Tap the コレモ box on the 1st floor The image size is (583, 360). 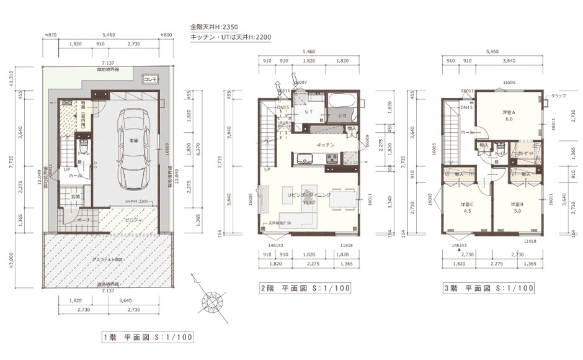click(151, 79)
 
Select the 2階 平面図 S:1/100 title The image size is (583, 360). click(305, 288)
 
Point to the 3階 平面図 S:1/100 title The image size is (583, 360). click(488, 288)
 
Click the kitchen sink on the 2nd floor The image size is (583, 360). click(306, 163)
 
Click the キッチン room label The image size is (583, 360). click(326, 145)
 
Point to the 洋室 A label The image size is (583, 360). click(509, 112)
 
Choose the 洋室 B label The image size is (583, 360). click(518, 204)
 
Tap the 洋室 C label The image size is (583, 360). click(467, 204)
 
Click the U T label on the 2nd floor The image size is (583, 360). click(308, 112)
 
